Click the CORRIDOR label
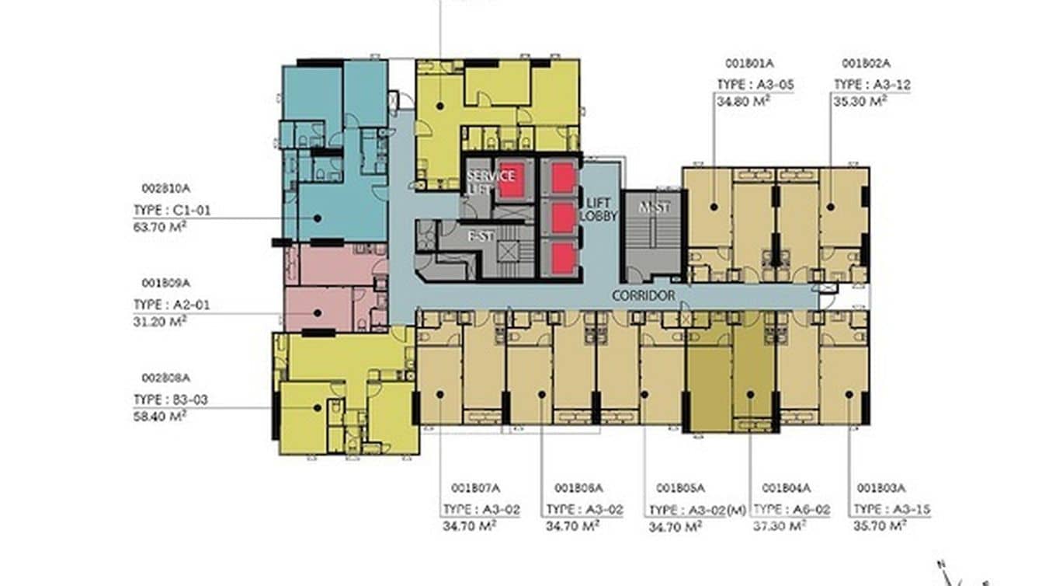tap(643, 295)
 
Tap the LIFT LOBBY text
tap(600, 208)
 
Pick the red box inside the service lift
tap(510, 181)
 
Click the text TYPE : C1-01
tap(172, 210)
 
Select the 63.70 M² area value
tap(160, 227)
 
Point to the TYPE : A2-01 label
tap(172, 305)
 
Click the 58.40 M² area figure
tap(160, 416)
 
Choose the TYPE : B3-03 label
tap(171, 399)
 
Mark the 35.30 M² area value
tap(860, 101)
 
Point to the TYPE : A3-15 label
tap(891, 510)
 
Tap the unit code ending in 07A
tap(475, 488)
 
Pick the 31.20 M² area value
tap(160, 320)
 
